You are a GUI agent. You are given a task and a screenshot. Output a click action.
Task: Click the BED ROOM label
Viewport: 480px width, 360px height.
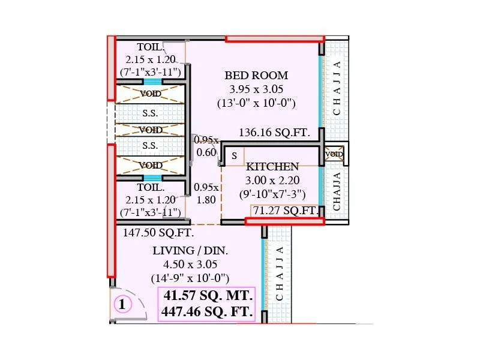click(256, 76)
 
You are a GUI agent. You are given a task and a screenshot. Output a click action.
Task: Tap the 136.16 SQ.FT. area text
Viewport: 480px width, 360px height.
click(274, 133)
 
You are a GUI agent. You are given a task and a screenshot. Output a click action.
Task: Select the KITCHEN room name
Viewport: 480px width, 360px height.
click(272, 167)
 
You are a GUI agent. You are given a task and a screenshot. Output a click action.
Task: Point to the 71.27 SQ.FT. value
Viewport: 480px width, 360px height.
click(285, 211)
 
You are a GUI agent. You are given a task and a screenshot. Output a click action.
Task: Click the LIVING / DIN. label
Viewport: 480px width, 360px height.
click(190, 251)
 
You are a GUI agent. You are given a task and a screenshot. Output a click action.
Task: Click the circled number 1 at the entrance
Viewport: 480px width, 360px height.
click(122, 305)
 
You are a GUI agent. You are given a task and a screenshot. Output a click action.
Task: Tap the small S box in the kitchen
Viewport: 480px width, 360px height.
click(235, 156)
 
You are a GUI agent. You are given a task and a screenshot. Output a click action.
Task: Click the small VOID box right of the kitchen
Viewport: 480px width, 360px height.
click(334, 154)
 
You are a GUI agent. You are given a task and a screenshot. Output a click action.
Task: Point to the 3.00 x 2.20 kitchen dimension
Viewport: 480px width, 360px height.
click(272, 180)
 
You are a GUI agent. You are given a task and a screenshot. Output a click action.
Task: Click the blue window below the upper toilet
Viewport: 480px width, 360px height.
click(152, 82)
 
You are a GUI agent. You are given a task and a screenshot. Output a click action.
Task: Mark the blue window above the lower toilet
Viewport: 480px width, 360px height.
click(152, 178)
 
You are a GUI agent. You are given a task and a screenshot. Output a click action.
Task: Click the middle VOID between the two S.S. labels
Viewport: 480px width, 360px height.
click(151, 130)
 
